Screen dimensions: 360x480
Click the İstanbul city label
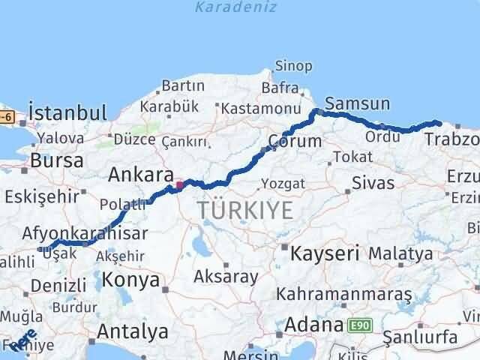coord(68,113)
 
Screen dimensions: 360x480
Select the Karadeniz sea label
coord(236,7)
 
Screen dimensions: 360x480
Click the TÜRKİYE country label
coord(246,211)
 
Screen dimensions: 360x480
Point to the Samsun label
coord(358,104)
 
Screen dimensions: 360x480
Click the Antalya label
coord(133,331)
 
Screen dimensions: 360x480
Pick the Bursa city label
coord(51,160)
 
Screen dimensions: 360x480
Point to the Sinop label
coord(293,66)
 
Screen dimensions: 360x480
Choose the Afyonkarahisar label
coord(85,232)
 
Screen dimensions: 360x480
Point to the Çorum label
coord(296,140)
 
